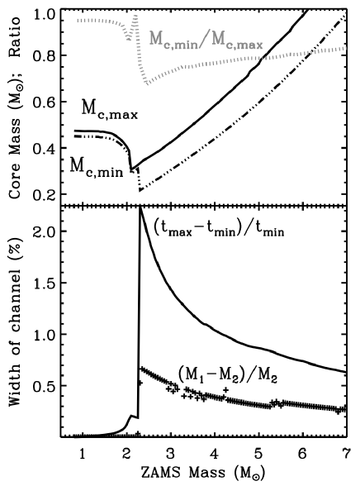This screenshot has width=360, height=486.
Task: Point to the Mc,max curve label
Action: point(110,108)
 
